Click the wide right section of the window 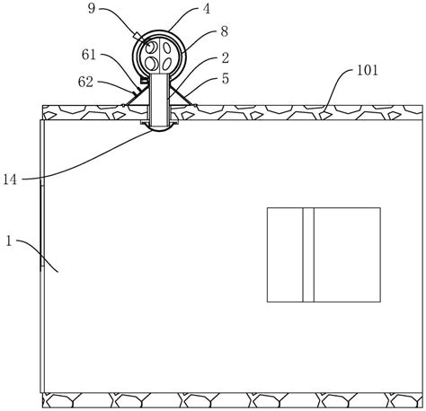click(x=347, y=254)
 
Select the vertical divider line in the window click(x=303, y=254)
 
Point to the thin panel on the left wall click(x=41, y=224)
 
